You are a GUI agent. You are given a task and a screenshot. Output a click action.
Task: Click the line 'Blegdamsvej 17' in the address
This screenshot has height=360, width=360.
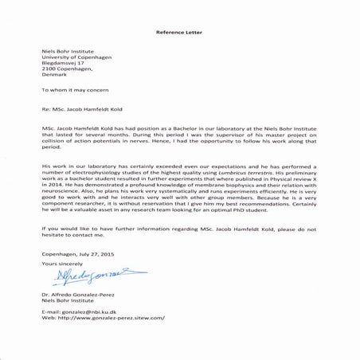[62, 62]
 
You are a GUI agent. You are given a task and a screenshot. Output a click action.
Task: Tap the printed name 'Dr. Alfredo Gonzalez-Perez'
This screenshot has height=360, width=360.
[80, 294]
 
